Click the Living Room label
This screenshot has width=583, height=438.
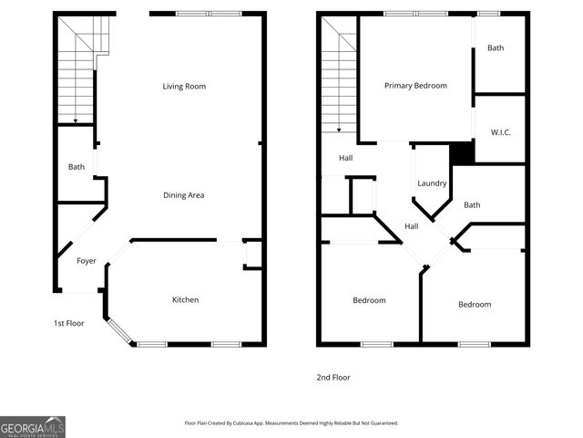(x=184, y=87)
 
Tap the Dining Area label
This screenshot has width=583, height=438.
(x=183, y=195)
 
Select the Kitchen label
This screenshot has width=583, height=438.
(x=186, y=300)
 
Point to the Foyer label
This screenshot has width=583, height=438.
(x=86, y=261)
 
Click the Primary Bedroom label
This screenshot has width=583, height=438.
(x=415, y=86)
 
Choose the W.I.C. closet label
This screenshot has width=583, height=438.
(x=500, y=132)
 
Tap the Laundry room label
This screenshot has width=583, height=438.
(x=432, y=183)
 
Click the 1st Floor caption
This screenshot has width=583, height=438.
(x=68, y=323)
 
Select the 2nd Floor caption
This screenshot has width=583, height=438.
(x=332, y=377)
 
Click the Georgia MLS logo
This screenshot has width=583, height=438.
(x=33, y=426)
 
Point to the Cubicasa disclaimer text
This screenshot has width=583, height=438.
(x=291, y=423)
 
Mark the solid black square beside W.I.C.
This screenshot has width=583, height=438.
(x=463, y=153)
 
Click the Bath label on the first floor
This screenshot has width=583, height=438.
(x=76, y=167)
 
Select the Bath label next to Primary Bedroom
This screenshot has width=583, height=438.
(x=496, y=48)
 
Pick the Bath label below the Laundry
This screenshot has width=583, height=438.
(x=472, y=205)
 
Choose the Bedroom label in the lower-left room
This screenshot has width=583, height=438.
(x=369, y=300)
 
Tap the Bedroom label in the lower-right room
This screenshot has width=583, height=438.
(x=474, y=305)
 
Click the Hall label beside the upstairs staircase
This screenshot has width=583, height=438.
(x=346, y=158)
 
